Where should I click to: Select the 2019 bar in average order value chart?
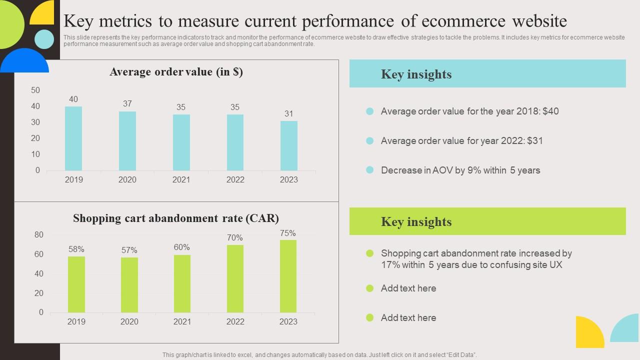click(x=73, y=138)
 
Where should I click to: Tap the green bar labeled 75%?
click(x=288, y=276)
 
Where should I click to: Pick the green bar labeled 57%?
click(x=129, y=285)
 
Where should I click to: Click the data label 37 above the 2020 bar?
click(x=127, y=103)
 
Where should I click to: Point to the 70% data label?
click(x=235, y=237)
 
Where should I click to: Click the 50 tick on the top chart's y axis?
click(x=35, y=90)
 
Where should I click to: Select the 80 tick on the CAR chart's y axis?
click(x=39, y=234)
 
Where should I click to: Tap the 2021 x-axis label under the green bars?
click(x=182, y=321)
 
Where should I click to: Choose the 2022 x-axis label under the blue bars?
click(x=235, y=179)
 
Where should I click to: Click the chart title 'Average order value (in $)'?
click(x=176, y=72)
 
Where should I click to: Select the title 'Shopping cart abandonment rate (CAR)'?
click(x=176, y=218)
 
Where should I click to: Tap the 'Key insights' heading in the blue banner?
click(x=416, y=74)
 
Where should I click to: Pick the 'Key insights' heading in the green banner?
click(x=416, y=221)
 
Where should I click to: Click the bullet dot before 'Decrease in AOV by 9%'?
click(x=370, y=170)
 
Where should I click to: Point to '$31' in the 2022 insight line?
click(x=534, y=140)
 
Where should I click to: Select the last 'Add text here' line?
click(x=408, y=317)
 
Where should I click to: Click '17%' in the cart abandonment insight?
click(x=391, y=264)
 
